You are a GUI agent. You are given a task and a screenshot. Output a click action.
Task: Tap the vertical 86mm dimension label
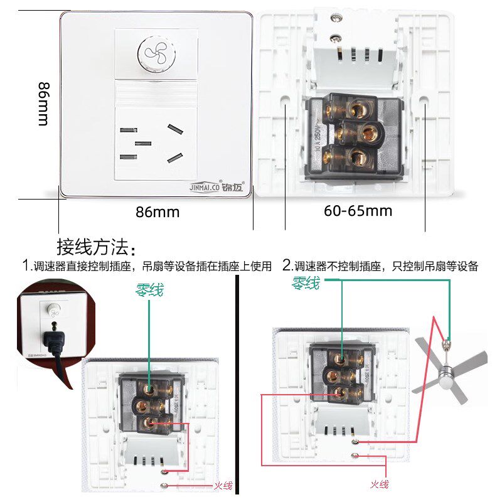(x=43, y=104)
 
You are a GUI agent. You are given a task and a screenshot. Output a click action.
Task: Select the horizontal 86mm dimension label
(x=158, y=212)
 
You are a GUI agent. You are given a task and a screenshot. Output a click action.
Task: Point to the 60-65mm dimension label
(x=358, y=211)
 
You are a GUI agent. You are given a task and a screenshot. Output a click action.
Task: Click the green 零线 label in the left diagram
(x=149, y=290)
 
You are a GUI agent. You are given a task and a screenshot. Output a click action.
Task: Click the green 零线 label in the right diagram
(x=306, y=284)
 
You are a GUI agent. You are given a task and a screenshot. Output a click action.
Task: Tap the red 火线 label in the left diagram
(x=223, y=485)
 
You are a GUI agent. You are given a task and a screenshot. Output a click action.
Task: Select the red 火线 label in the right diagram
(x=379, y=484)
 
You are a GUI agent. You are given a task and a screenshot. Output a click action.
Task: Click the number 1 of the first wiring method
(x=26, y=266)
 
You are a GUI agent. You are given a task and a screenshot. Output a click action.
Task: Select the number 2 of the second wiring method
(x=287, y=265)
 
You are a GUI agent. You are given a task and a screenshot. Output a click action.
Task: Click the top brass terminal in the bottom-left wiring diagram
(x=150, y=389)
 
